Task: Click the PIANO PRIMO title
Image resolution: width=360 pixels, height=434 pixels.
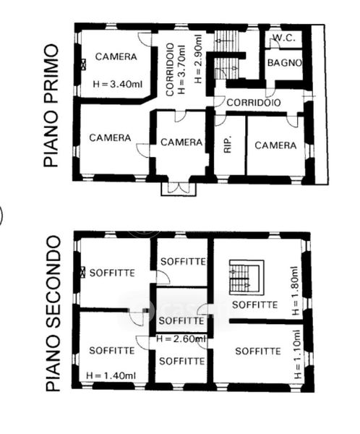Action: point(51,106)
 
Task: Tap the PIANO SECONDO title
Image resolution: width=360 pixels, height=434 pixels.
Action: point(53,313)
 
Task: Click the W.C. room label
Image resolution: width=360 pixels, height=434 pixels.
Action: point(284,38)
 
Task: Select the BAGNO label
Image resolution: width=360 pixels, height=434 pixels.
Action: point(285,63)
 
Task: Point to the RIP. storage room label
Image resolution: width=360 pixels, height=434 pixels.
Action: point(228,144)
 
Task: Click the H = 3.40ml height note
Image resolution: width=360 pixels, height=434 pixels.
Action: point(118,84)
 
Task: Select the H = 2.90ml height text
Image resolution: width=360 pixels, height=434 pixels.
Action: point(198,59)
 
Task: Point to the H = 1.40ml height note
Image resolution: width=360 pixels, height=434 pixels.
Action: point(111,375)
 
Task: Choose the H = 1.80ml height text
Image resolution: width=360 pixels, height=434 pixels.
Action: point(295,291)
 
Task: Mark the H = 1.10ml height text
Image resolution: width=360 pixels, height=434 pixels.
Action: point(297,354)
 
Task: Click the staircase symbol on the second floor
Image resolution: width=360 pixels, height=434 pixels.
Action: point(247,277)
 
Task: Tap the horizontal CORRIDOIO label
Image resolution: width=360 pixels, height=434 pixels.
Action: point(254,103)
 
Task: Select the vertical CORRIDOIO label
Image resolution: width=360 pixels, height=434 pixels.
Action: point(170,69)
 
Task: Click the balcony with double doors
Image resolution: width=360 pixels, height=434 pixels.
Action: point(179,189)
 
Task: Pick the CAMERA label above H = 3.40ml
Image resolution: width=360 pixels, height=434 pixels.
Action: point(116,56)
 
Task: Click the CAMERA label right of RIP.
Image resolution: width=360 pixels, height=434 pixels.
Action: point(275,145)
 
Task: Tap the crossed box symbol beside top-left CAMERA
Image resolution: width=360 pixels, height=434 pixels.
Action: point(83,64)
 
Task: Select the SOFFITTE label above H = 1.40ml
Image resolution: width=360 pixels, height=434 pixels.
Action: point(112,351)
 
